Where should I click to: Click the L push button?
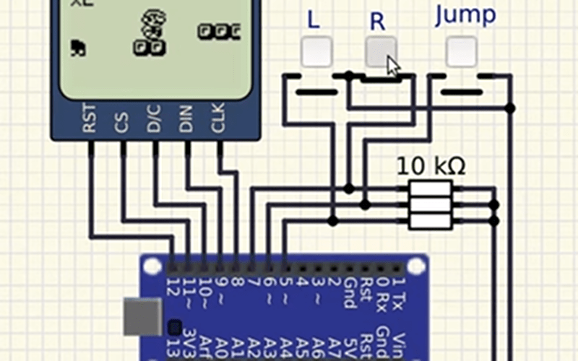[316, 51]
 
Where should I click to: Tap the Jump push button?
[461, 51]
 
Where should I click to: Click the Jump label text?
[465, 16]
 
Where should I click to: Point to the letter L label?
[313, 20]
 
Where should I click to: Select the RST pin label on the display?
[90, 118]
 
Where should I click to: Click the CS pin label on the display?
[121, 123]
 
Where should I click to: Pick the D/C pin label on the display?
[154, 118]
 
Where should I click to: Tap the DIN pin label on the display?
[186, 118]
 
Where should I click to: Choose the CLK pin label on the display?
[217, 118]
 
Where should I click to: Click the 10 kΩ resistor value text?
[431, 167]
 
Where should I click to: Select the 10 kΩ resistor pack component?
[431, 205]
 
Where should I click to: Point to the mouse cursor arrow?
[392, 66]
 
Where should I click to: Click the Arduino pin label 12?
[171, 287]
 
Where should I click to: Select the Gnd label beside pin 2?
[349, 292]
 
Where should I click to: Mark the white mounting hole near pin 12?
[152, 266]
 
